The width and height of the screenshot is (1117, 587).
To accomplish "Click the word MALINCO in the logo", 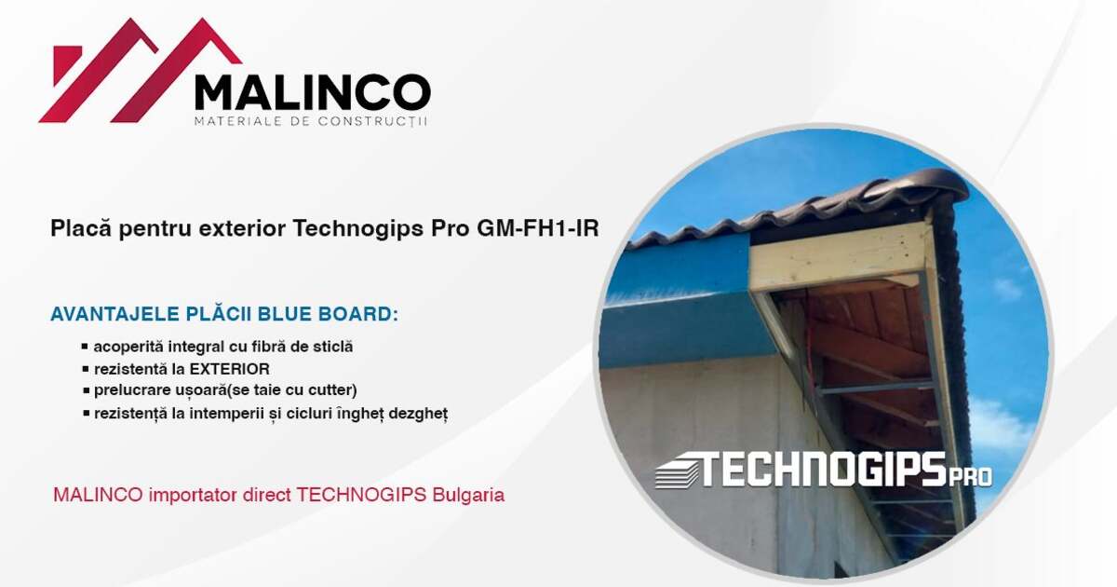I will click(x=312, y=93).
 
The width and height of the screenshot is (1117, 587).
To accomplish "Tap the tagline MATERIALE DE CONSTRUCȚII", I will click(x=311, y=122).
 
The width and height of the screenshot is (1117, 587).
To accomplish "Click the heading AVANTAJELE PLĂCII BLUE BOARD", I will click(x=224, y=314).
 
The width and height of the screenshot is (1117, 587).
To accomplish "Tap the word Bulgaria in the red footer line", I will click(x=469, y=495).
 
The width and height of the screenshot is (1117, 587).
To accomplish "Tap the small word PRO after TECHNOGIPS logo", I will click(x=970, y=477).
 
